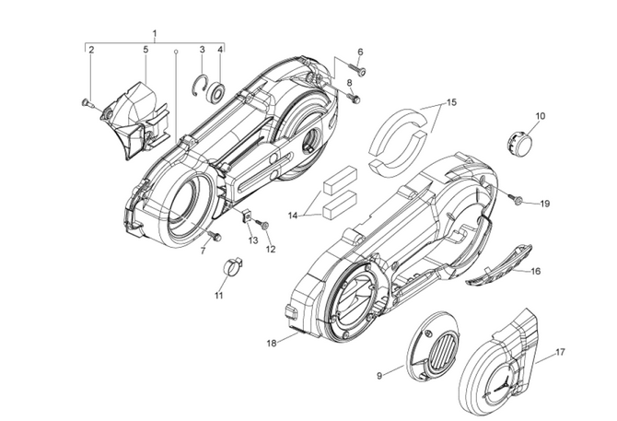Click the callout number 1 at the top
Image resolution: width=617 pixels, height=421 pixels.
[x=155, y=34]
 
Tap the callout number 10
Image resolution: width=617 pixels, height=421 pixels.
[x=541, y=116]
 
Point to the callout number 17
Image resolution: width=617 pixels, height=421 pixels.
[x=561, y=353]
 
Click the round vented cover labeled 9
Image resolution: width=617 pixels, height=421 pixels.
[x=430, y=349]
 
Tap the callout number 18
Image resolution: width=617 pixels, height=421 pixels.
[x=272, y=343]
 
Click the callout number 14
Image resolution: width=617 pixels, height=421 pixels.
[x=293, y=215]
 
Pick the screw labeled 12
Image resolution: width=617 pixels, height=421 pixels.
[x=263, y=225]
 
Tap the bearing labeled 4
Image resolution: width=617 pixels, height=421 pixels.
[x=219, y=91]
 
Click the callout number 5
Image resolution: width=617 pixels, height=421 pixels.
[x=146, y=49]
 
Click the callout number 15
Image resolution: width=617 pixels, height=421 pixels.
[x=450, y=103]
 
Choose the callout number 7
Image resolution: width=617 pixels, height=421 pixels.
[x=203, y=251]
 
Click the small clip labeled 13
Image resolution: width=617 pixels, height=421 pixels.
[x=247, y=216]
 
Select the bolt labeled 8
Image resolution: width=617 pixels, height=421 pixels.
[x=356, y=98]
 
